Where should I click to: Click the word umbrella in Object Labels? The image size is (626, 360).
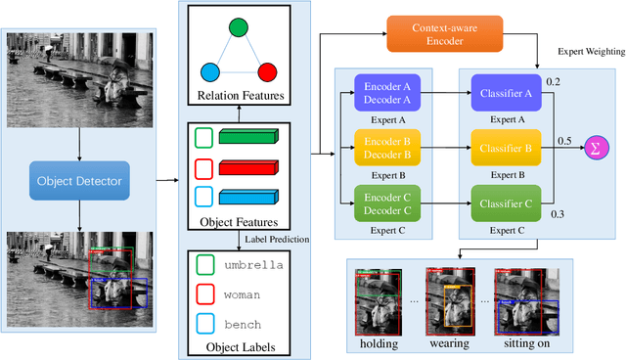tap(253, 265)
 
